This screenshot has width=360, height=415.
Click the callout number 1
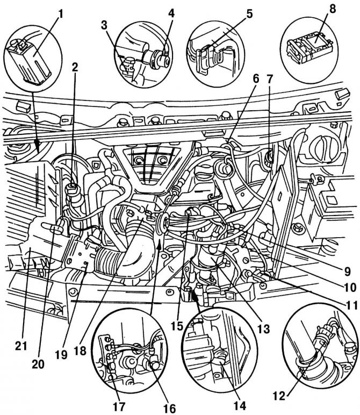click(60, 12)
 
